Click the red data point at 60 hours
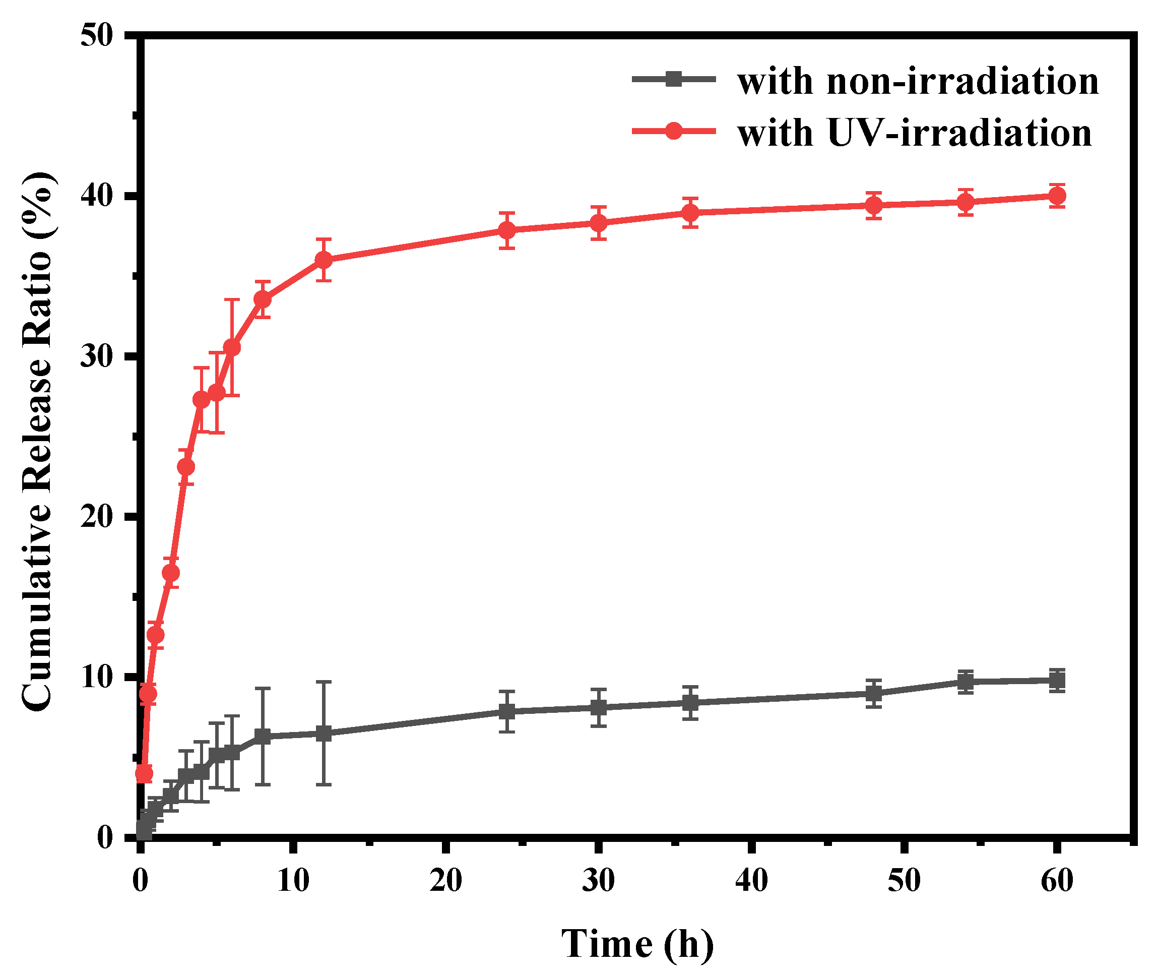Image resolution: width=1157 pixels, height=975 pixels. click(x=1056, y=196)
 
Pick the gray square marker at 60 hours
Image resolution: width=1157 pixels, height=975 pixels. click(x=1056, y=680)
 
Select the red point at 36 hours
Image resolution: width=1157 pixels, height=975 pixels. click(x=690, y=212)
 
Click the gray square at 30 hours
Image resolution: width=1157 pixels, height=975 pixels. click(x=598, y=707)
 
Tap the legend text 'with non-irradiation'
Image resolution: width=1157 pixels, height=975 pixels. click(x=918, y=81)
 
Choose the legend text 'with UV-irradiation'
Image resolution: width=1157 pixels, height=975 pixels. click(x=915, y=133)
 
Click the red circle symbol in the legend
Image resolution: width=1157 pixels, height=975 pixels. click(x=674, y=131)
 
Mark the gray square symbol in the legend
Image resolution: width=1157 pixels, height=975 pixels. click(x=674, y=79)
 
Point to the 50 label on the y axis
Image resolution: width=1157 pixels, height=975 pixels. click(x=96, y=36)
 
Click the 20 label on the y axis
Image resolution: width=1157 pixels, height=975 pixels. click(x=96, y=517)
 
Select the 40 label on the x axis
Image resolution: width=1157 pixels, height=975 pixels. click(x=751, y=880)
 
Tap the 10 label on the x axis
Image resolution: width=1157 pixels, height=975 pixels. click(x=293, y=880)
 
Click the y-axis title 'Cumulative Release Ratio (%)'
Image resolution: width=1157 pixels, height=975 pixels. click(x=38, y=441)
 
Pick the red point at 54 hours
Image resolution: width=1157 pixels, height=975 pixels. click(x=965, y=202)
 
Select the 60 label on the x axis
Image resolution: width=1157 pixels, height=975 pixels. click(x=1056, y=880)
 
